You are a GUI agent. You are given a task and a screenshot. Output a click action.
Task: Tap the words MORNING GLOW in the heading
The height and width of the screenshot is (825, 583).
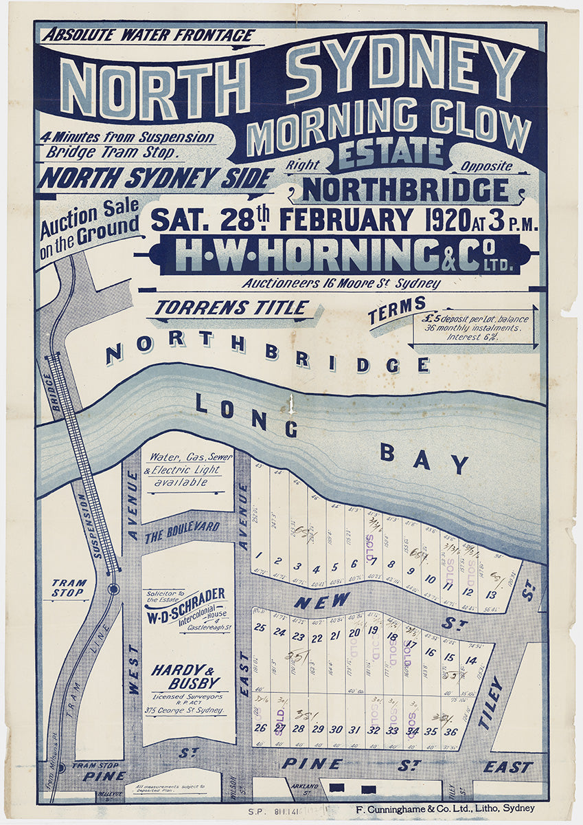[x=389, y=124]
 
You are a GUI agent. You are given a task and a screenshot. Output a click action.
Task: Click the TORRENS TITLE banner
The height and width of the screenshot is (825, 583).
[x=231, y=308]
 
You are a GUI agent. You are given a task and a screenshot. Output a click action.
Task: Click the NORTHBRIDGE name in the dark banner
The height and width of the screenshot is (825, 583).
[x=406, y=190]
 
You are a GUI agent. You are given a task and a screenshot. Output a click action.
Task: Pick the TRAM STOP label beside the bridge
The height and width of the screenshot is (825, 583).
[x=68, y=588]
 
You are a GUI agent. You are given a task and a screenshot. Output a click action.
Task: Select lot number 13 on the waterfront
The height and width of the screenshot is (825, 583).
[x=492, y=594]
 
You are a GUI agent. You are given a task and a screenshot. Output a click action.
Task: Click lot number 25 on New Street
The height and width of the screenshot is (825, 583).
[x=259, y=627]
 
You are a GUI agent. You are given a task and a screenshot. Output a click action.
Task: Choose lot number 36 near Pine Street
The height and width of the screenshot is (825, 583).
[x=450, y=731]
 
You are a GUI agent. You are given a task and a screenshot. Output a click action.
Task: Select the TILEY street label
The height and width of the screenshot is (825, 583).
[x=491, y=703]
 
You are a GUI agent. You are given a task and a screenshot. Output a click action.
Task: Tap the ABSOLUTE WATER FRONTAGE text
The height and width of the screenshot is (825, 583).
[x=148, y=36]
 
